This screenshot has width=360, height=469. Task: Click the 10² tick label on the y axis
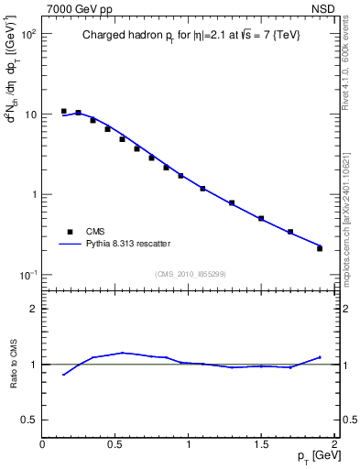pyautogui.click(x=27, y=34)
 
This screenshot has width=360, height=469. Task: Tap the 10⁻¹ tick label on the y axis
pyautogui.click(x=27, y=275)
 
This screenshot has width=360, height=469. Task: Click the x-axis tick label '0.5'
pyautogui.click(x=115, y=444)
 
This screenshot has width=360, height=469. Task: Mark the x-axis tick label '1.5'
pyautogui.click(x=261, y=444)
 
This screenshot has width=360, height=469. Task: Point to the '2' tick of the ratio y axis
pyautogui.click(x=33, y=309)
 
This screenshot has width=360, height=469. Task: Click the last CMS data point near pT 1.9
pyautogui.click(x=320, y=248)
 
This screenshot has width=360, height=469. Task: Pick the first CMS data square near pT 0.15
pyautogui.click(x=63, y=111)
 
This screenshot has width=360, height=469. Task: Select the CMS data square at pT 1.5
pyautogui.click(x=261, y=218)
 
